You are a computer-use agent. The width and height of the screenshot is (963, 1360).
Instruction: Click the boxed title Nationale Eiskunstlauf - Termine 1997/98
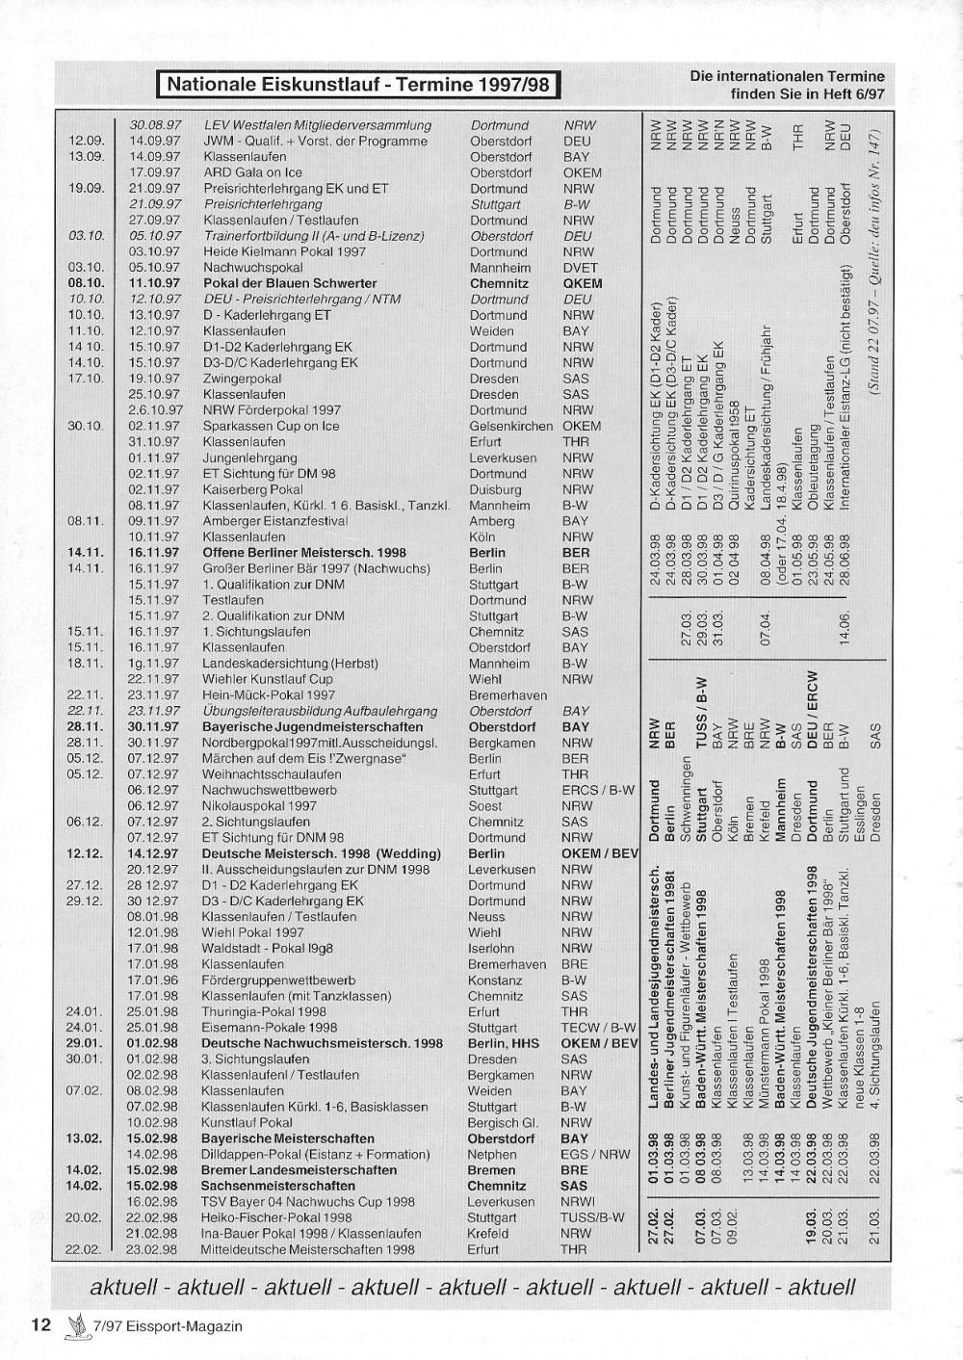pyautogui.click(x=358, y=84)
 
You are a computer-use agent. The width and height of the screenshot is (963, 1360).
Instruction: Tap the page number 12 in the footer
pyautogui.click(x=40, y=1324)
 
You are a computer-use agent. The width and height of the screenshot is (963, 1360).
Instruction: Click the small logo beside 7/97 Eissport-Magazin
pyautogui.click(x=72, y=1325)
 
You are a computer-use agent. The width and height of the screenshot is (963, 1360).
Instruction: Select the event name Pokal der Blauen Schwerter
pyautogui.click(x=290, y=283)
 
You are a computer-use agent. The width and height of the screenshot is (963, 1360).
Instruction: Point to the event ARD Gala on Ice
pyautogui.click(x=253, y=172)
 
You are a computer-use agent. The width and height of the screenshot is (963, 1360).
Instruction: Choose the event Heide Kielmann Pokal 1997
pyautogui.click(x=284, y=251)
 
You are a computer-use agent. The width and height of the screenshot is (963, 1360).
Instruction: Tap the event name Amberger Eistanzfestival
pyautogui.click(x=274, y=521)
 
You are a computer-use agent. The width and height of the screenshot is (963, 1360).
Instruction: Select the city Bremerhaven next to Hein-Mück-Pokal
pyautogui.click(x=508, y=694)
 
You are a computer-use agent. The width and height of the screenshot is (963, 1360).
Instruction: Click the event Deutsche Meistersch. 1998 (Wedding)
pyautogui.click(x=322, y=853)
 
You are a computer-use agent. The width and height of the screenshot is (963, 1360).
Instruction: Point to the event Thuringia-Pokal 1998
pyautogui.click(x=264, y=1011)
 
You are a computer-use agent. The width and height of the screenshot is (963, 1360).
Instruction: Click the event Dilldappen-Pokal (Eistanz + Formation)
pyautogui.click(x=316, y=1154)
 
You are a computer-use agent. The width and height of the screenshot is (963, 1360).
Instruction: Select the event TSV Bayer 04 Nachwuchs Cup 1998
pyautogui.click(x=308, y=1201)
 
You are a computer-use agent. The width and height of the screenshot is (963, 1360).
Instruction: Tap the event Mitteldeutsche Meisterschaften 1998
pyautogui.click(x=308, y=1249)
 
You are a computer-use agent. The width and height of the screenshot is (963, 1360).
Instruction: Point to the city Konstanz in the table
pyautogui.click(x=495, y=980)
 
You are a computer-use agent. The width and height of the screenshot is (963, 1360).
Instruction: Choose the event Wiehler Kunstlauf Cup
pyautogui.click(x=268, y=679)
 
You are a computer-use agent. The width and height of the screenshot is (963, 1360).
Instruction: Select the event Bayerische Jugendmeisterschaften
pyautogui.click(x=312, y=726)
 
